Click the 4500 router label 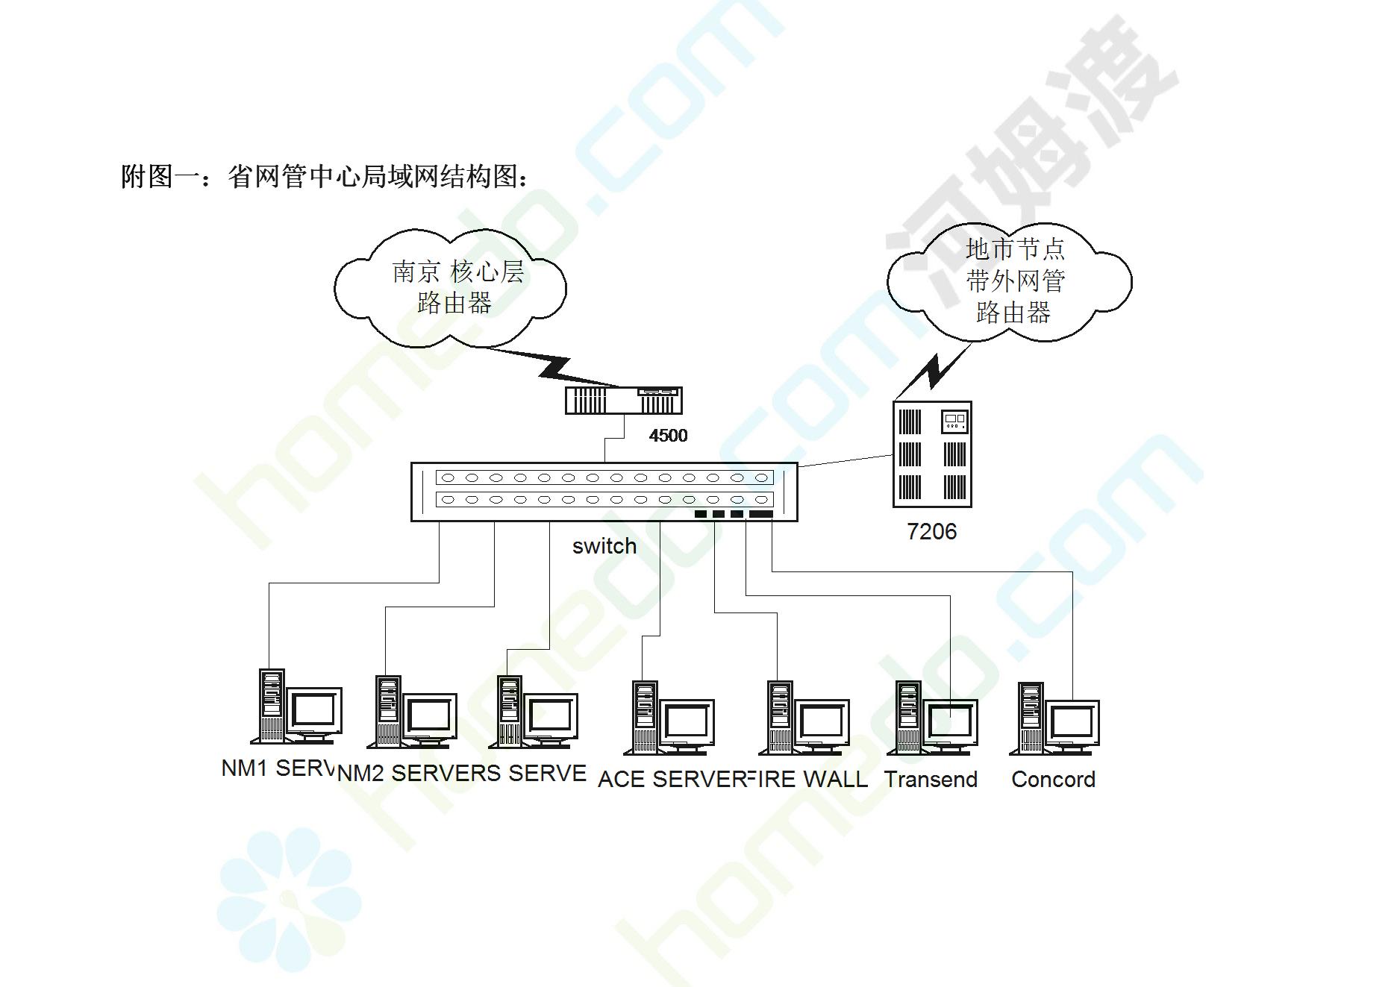[668, 436]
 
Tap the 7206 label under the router [931, 532]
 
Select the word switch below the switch [604, 546]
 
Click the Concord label [1053, 780]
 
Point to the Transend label [931, 780]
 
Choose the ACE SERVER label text [672, 780]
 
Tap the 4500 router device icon [624, 401]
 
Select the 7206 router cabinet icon [932, 454]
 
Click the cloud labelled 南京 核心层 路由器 [451, 287]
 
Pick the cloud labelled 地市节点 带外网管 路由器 [1010, 281]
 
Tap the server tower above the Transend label [908, 716]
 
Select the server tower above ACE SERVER [645, 716]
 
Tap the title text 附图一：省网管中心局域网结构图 [325, 177]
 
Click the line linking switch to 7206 [846, 460]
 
